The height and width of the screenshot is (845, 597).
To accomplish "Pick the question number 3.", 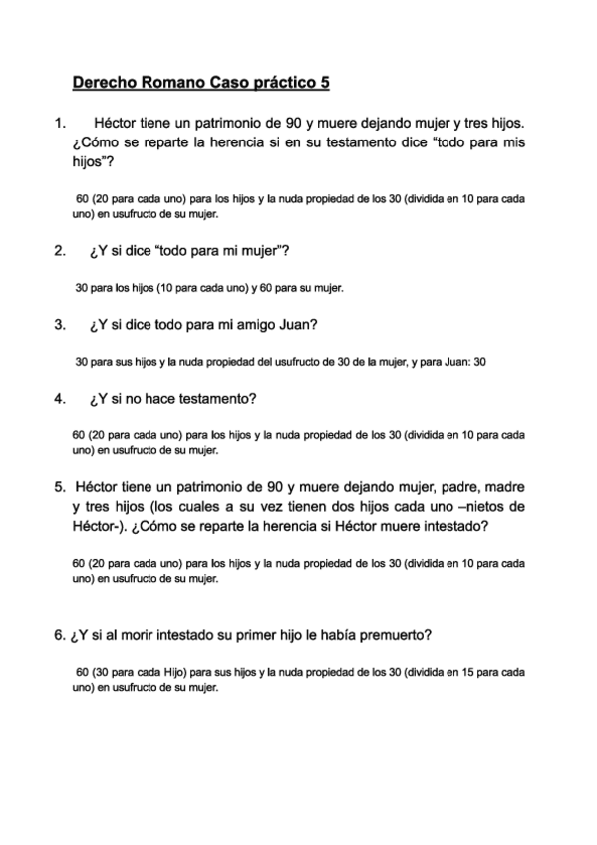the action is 59,324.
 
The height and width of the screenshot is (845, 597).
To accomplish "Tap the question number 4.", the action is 59,399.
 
